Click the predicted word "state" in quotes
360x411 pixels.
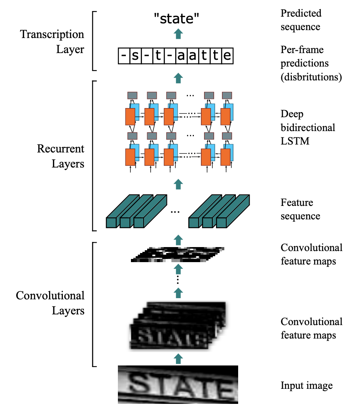(177, 18)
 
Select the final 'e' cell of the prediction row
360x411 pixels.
(227, 57)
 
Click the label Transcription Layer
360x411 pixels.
(52, 42)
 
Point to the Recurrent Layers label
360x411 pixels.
(61, 156)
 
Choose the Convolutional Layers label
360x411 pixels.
(50, 303)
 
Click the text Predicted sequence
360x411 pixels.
(301, 20)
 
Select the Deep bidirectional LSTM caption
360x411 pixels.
(308, 127)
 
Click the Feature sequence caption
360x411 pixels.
(300, 209)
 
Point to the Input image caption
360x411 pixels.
(307, 385)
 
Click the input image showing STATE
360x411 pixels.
(178, 384)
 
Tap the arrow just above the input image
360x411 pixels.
(178, 358)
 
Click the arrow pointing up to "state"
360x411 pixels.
(178, 34)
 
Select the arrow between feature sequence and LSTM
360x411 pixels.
(178, 183)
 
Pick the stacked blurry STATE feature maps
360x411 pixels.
(178, 327)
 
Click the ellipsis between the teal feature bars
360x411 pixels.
(175, 212)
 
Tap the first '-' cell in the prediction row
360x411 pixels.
(124, 57)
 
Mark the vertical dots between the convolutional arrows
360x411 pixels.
(178, 280)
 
